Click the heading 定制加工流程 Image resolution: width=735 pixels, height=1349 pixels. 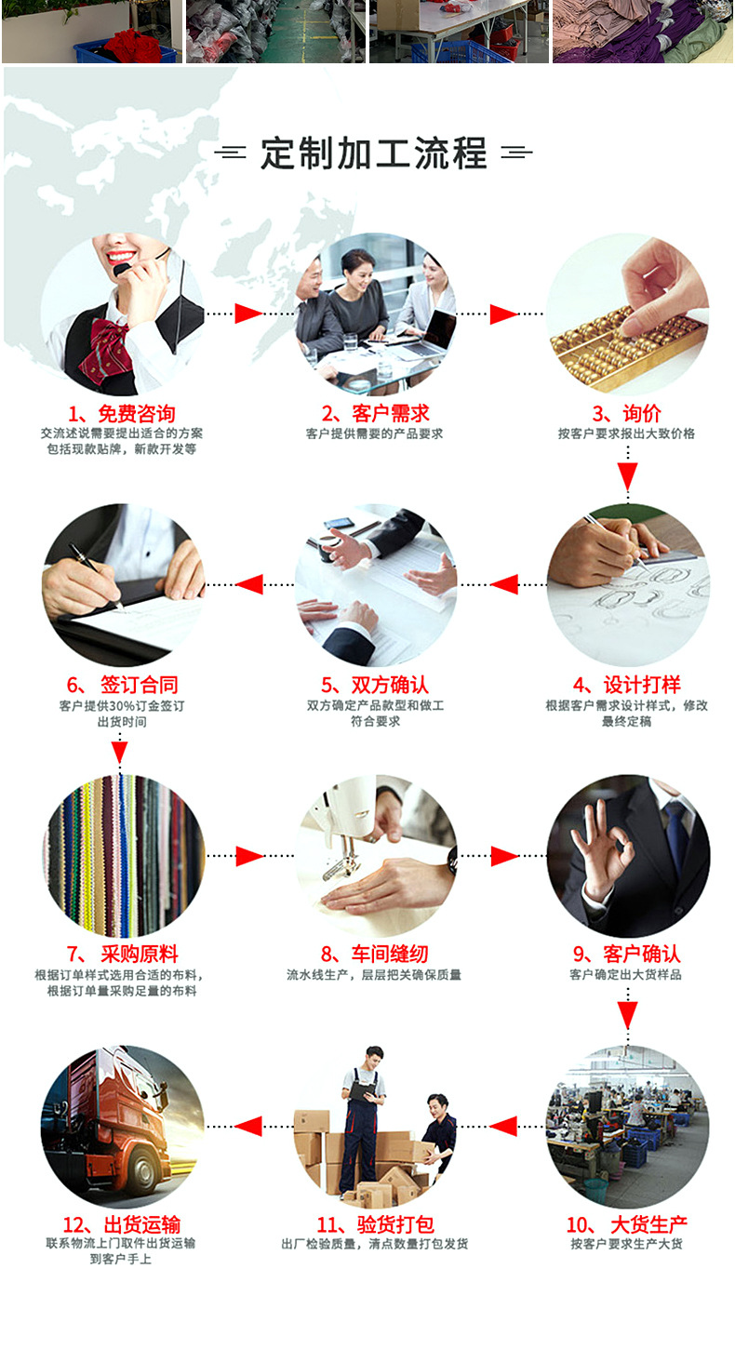373,153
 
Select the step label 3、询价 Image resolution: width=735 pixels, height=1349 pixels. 627,414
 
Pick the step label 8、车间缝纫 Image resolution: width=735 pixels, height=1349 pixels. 374,955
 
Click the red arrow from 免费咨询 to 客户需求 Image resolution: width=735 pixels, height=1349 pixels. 248,314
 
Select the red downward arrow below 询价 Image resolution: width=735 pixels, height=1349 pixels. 628,475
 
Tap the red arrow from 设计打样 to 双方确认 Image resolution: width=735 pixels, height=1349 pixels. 504,584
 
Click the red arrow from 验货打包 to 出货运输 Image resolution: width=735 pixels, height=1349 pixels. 248,1126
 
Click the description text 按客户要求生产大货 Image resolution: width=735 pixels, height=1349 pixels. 627,1244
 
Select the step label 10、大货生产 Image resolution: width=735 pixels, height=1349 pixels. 627,1224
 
